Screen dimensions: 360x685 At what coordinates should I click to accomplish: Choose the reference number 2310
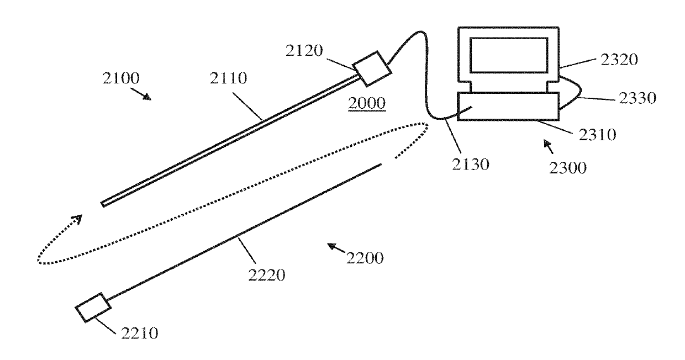coord(597,135)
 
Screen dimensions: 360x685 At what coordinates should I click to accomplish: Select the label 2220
coord(267,274)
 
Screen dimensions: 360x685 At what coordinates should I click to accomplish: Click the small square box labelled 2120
coord(372,68)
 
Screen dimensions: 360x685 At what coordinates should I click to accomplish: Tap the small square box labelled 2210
coord(92,305)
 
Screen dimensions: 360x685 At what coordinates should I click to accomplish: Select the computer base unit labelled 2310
coord(508,105)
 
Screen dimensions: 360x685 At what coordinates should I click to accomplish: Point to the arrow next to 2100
coord(144,96)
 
